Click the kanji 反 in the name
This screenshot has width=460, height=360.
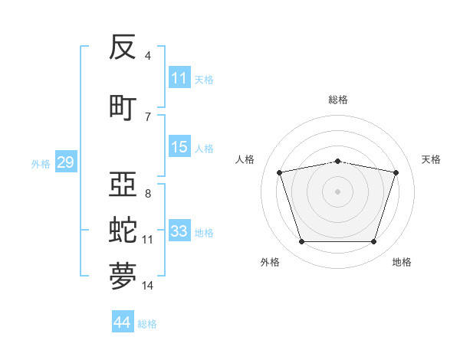(x=123, y=47)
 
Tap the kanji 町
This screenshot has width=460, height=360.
(x=123, y=108)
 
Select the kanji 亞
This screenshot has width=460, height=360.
(x=123, y=184)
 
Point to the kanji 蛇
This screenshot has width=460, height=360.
(x=123, y=230)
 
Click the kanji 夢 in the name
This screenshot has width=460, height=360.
(x=123, y=276)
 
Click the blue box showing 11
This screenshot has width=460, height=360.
(x=179, y=77)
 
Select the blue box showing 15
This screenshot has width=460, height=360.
(x=179, y=146)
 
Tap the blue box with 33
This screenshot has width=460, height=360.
(x=179, y=230)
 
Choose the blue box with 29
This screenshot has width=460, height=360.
(x=66, y=162)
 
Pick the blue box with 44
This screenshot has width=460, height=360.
(x=123, y=321)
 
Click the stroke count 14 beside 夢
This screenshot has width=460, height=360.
(x=147, y=286)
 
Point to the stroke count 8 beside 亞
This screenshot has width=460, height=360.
(x=148, y=194)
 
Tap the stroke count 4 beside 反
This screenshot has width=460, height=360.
(x=147, y=55)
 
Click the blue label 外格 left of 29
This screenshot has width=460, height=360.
(x=41, y=164)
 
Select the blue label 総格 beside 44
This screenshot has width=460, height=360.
(x=147, y=324)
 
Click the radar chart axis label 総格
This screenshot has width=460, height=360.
(x=338, y=100)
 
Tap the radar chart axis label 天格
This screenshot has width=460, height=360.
(x=431, y=159)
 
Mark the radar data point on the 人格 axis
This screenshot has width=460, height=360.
(x=280, y=172)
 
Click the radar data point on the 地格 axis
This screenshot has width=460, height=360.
(x=374, y=242)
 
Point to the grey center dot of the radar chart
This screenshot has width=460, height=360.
(x=337, y=191)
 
